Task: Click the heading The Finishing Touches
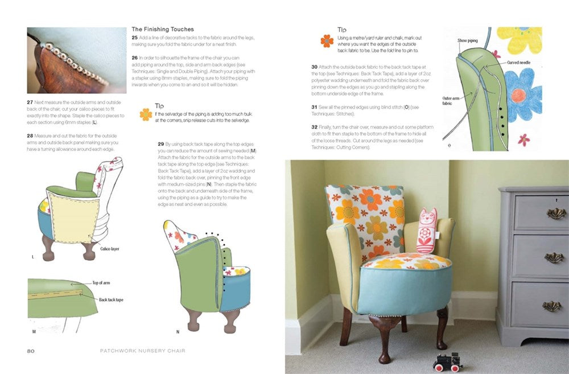point(163,29)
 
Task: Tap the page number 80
point(31,351)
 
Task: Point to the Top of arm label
point(102,282)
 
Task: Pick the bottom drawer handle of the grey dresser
point(535,306)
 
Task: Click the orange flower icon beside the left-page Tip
point(146,114)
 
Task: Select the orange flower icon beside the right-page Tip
point(327,40)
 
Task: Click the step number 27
point(31,101)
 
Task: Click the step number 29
point(161,144)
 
